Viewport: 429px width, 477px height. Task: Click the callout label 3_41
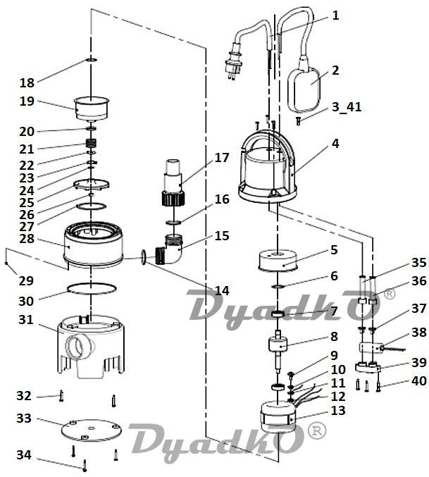[x=346, y=106]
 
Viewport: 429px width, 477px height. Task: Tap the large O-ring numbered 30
[x=92, y=289]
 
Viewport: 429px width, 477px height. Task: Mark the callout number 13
[x=337, y=410]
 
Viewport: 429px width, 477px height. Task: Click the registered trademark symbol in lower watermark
[x=318, y=428]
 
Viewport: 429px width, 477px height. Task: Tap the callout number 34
[x=25, y=455]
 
